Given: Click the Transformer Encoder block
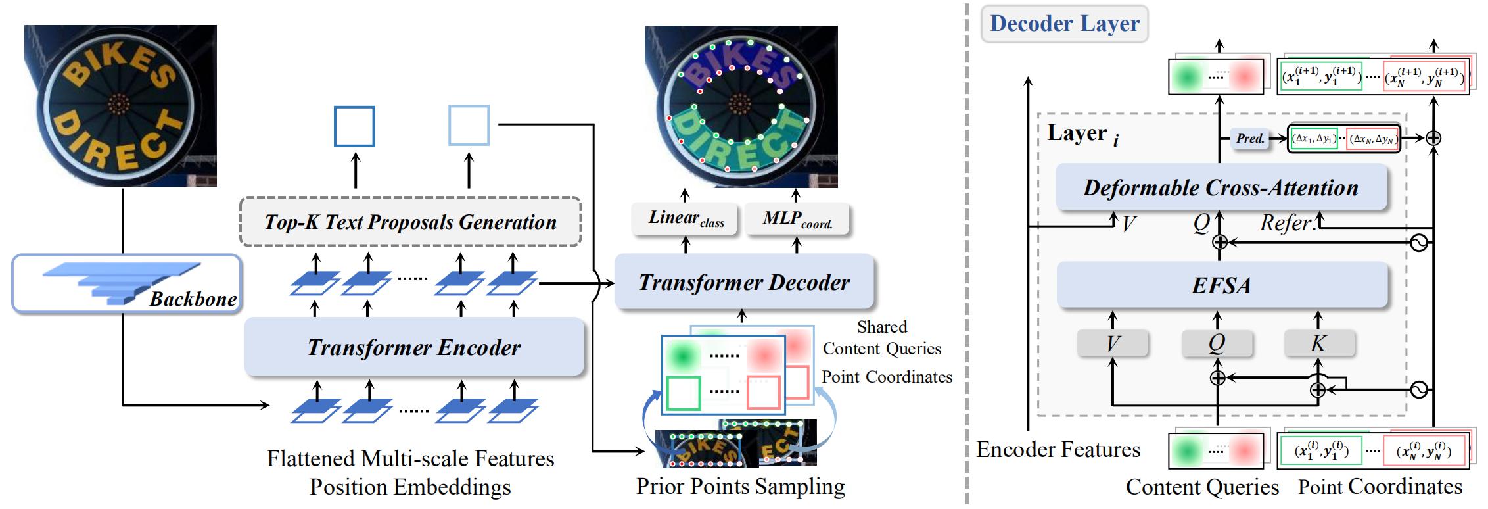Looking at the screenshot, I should tap(414, 347).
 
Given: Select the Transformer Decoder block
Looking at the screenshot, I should tap(744, 282).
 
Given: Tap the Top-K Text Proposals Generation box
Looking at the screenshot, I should tap(410, 222).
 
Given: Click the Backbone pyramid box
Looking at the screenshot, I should tap(126, 283).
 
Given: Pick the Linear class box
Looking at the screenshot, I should tap(686, 218).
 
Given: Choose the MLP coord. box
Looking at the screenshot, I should tap(797, 218).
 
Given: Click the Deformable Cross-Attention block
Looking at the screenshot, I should tap(1221, 187).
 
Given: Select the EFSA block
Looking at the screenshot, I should tap(1221, 285).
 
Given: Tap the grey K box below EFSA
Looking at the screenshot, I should tap(1318, 343).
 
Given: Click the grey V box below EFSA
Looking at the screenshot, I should tap(1113, 343).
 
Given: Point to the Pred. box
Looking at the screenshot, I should tap(1249, 138).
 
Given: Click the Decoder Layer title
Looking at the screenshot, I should tap(1065, 24).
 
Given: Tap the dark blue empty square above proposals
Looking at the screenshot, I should tap(354, 126).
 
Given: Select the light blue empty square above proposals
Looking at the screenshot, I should tap(469, 125).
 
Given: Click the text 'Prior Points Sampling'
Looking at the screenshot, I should tap(740, 487).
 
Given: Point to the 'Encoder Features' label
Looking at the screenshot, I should tap(1058, 450).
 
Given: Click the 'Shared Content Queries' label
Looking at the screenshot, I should tap(882, 338).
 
